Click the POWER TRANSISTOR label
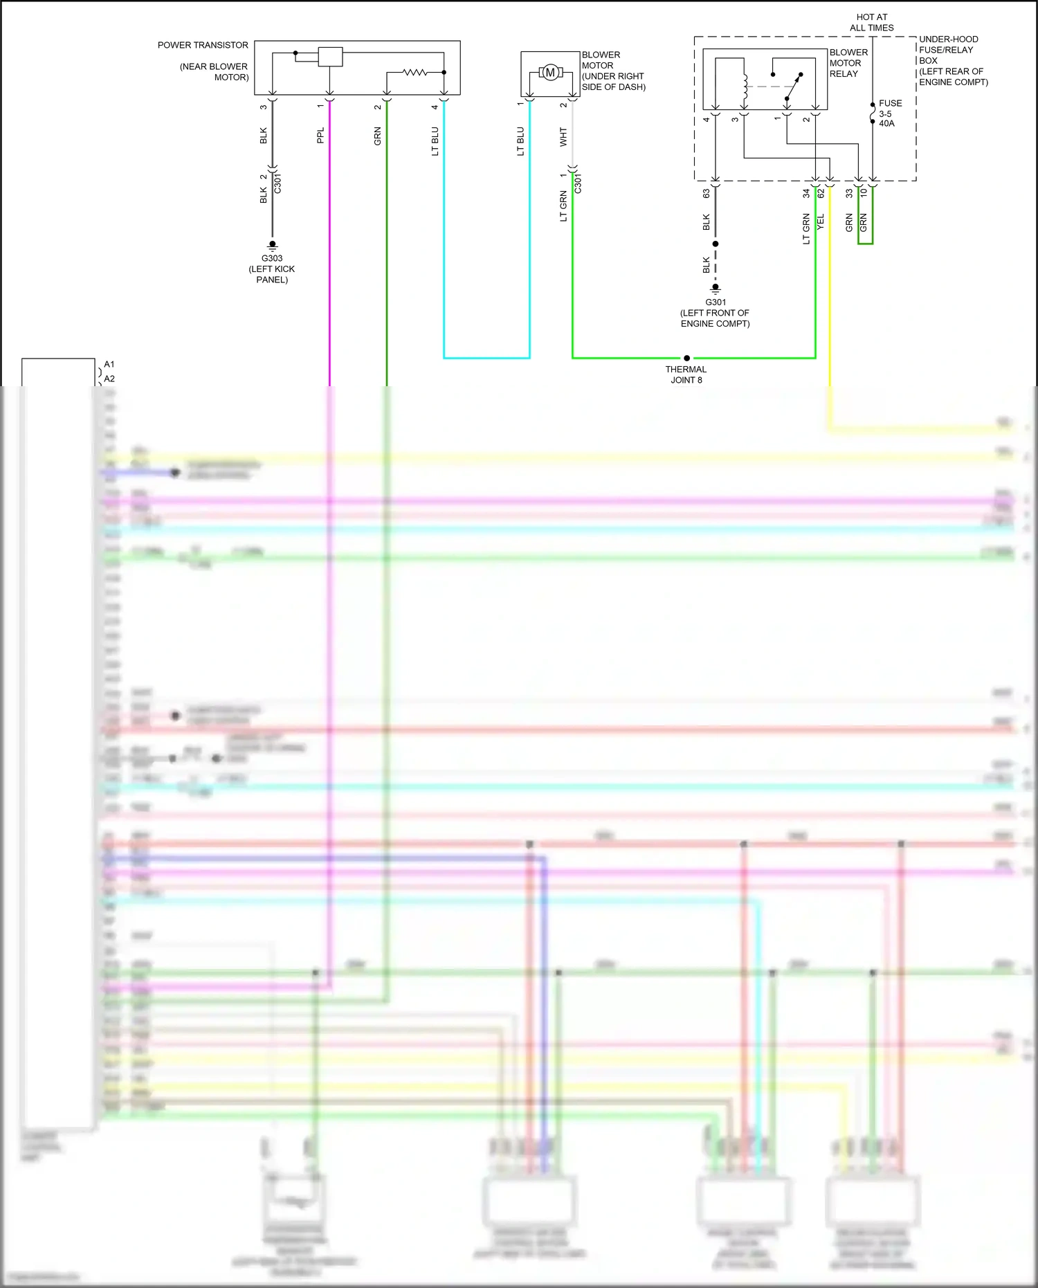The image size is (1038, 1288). pyautogui.click(x=202, y=46)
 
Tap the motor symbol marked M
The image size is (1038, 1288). pyautogui.click(x=550, y=73)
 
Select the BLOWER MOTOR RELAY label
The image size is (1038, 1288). pyautogui.click(x=848, y=63)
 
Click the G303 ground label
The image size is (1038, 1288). pyautogui.click(x=272, y=258)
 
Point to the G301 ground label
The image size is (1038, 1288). pyautogui.click(x=716, y=302)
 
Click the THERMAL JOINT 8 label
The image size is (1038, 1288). pyautogui.click(x=686, y=374)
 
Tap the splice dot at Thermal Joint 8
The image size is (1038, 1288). pyautogui.click(x=686, y=359)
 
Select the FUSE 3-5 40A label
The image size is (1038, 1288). pyautogui.click(x=889, y=114)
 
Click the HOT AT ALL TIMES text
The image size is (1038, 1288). pyautogui.click(x=871, y=22)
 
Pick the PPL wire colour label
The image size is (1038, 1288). pyautogui.click(x=320, y=135)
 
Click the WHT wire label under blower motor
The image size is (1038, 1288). pyautogui.click(x=563, y=136)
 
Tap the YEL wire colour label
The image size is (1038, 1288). pyautogui.click(x=821, y=222)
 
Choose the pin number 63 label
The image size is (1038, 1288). pyautogui.click(x=707, y=194)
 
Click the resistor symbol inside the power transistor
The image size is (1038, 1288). pyautogui.click(x=415, y=72)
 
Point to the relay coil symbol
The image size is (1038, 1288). pyautogui.click(x=745, y=87)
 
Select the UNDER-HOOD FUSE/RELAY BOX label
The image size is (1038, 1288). pyautogui.click(x=952, y=60)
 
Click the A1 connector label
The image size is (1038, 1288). pyautogui.click(x=109, y=364)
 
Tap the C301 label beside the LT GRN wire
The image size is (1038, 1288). pyautogui.click(x=579, y=183)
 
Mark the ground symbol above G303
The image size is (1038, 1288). pyautogui.click(x=273, y=245)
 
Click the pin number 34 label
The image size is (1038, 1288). pyautogui.click(x=806, y=194)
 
